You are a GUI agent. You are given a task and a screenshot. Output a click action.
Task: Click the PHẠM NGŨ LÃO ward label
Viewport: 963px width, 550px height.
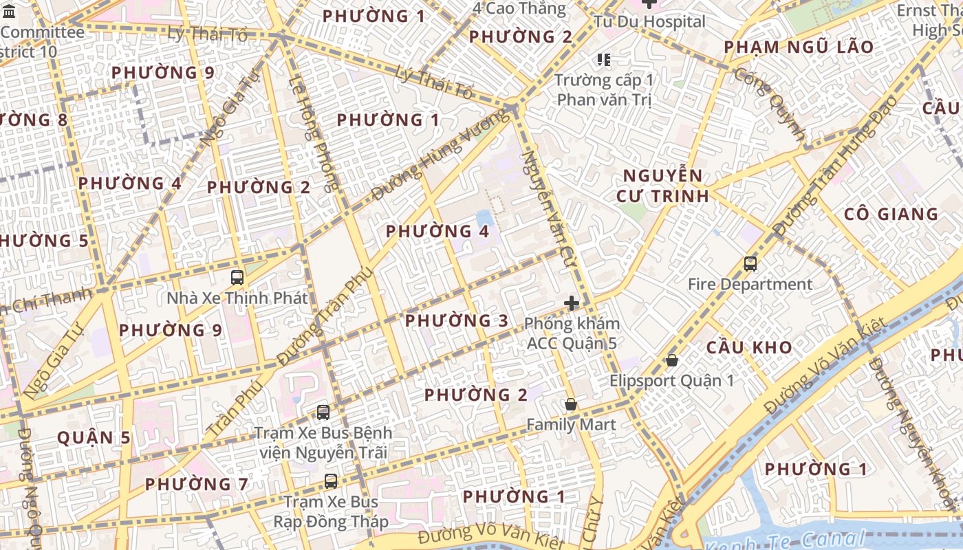coord(799,47)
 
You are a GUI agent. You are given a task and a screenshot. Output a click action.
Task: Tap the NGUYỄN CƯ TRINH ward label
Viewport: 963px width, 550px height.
coord(662,186)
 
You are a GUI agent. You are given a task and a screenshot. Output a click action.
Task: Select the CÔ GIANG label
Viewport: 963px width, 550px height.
coord(891,214)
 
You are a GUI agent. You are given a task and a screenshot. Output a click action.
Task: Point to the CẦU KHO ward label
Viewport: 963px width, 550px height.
coord(749,347)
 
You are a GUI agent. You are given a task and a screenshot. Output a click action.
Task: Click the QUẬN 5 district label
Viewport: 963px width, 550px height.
coord(94,437)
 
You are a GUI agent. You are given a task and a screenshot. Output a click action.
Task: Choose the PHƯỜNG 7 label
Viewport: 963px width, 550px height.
coord(196,484)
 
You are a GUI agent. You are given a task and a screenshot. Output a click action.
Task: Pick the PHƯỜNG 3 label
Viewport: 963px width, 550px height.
coord(457,320)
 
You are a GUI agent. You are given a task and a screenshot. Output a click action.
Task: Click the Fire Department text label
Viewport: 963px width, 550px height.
coord(750,284)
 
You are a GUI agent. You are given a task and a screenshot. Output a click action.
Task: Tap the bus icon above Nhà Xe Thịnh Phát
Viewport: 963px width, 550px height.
coord(237,278)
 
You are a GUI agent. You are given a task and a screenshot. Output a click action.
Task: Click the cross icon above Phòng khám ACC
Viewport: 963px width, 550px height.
coord(572,303)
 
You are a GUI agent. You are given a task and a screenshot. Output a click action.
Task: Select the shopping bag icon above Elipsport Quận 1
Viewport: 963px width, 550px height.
coord(672,360)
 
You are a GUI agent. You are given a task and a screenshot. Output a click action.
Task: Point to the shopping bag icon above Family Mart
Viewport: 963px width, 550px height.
coord(570,404)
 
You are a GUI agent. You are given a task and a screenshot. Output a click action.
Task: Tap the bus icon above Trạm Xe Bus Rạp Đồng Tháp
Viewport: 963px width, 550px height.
coord(331,481)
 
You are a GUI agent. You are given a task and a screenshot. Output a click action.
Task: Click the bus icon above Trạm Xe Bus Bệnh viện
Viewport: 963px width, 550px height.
coord(323,412)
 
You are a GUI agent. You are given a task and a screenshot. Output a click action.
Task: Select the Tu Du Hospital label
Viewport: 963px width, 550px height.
coord(649,21)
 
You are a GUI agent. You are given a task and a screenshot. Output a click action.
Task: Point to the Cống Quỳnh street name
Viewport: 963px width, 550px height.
coord(770,104)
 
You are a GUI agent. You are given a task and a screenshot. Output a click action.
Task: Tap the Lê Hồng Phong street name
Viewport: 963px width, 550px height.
coord(314,131)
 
